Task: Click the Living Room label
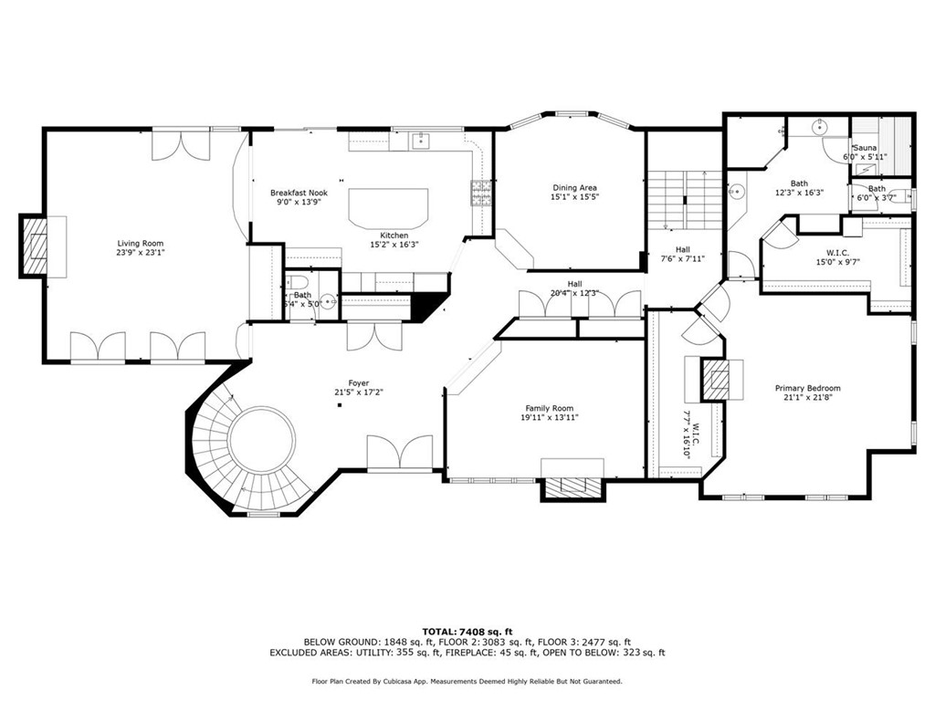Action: pyautogui.click(x=140, y=244)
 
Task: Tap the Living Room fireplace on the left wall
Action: pyautogui.click(x=37, y=245)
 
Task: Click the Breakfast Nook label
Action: pyautogui.click(x=299, y=193)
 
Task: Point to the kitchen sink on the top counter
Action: pyautogui.click(x=421, y=140)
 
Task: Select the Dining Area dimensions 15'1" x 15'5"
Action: pyautogui.click(x=574, y=197)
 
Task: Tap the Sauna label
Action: pyautogui.click(x=865, y=148)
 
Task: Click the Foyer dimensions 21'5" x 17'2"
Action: pyautogui.click(x=358, y=392)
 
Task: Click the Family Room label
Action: pyautogui.click(x=549, y=408)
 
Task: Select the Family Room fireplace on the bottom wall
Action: pyautogui.click(x=573, y=488)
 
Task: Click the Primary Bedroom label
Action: pyautogui.click(x=807, y=388)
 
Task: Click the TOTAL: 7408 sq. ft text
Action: pyautogui.click(x=467, y=632)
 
